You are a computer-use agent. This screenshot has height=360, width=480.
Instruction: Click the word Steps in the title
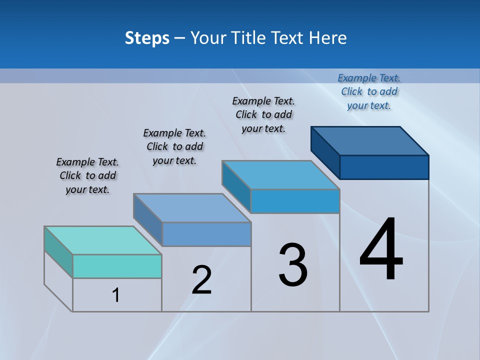pyautogui.click(x=147, y=38)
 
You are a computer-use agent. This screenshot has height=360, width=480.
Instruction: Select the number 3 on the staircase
pyautogui.click(x=293, y=265)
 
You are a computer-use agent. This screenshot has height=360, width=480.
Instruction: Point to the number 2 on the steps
pyautogui.click(x=202, y=280)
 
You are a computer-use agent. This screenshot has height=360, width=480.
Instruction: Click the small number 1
pyautogui.click(x=116, y=295)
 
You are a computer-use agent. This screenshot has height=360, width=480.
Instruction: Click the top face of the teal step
pyautogui.click(x=103, y=240)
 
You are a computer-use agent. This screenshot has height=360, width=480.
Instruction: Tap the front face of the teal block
pyautogui.click(x=117, y=266)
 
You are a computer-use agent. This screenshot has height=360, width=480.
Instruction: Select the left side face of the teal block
pyautogui.click(x=58, y=252)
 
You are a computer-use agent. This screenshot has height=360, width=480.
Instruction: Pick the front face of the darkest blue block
pyautogui.click(x=384, y=167)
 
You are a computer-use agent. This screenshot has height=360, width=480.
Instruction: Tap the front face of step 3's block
pyautogui.click(x=295, y=201)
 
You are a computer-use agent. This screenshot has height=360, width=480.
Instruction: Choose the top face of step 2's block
pyautogui.click(x=192, y=208)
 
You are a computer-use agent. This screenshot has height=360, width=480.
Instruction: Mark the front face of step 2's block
pyautogui.click(x=206, y=234)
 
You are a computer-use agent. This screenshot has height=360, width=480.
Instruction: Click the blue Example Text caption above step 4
pyautogui.click(x=369, y=91)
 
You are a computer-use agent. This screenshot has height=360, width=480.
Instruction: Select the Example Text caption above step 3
pyautogui.click(x=263, y=114)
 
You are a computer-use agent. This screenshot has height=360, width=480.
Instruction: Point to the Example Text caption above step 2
pyautogui.click(x=174, y=146)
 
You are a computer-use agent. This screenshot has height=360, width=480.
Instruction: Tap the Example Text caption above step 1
pyautogui.click(x=87, y=175)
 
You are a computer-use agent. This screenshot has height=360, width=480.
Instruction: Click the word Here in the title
pyautogui.click(x=328, y=38)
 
